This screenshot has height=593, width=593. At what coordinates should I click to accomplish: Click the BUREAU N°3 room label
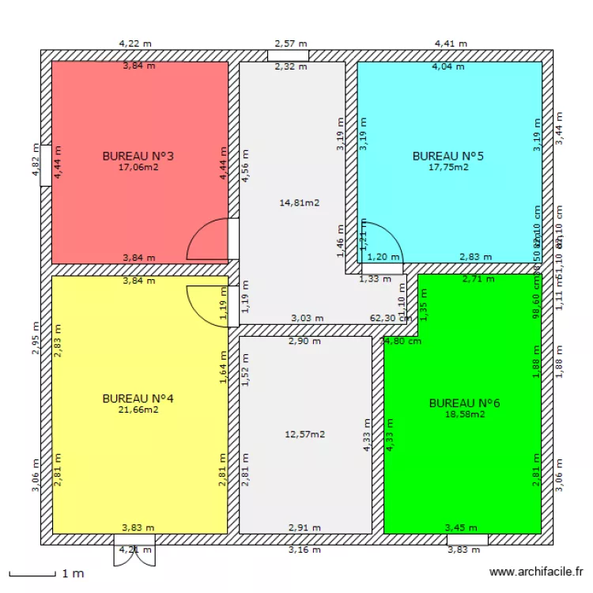[138, 156]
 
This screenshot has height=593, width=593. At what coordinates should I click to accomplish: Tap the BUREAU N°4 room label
[138, 398]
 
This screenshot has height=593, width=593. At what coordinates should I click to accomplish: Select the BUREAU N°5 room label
[448, 156]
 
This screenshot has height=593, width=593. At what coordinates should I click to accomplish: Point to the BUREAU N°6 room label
[464, 402]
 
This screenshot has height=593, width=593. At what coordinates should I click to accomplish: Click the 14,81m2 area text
[300, 202]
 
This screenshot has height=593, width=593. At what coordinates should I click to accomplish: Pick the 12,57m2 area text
[305, 434]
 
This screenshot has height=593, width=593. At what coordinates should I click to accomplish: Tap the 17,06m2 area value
[138, 167]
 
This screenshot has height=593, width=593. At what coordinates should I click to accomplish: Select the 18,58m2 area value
[465, 414]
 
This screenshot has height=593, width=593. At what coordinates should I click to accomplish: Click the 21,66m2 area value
[138, 409]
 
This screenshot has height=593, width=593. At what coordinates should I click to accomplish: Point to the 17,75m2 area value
[448, 167]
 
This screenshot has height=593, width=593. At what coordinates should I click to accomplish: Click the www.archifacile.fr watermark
[537, 571]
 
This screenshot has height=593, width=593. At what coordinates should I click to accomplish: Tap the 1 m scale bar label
[73, 573]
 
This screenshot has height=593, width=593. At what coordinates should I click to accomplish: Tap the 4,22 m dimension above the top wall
[134, 43]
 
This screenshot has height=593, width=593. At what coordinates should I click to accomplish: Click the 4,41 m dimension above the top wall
[451, 43]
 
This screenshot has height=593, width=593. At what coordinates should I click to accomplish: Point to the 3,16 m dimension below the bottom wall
[304, 550]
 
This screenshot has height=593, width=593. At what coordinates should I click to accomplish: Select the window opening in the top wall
[288, 56]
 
